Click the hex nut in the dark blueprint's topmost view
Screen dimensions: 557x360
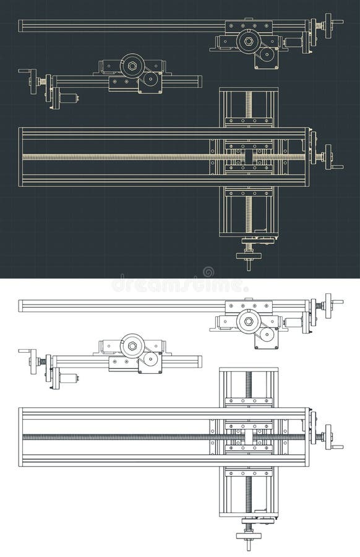pyautogui.click(x=249, y=41)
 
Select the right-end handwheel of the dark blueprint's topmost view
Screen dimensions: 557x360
pyautogui.click(x=328, y=25)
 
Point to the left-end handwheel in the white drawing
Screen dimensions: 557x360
pyautogui.click(x=33, y=361)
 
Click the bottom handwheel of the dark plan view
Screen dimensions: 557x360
pyautogui.click(x=249, y=256)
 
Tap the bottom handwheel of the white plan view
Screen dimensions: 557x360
pyautogui.click(x=249, y=535)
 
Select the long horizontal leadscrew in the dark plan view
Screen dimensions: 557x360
pyautogui.click(x=124, y=157)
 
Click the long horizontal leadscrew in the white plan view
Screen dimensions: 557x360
pyautogui.click(x=124, y=437)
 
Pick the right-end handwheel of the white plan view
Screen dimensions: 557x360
pyautogui.click(x=328, y=437)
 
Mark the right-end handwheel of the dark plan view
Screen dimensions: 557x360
pyautogui.click(x=328, y=157)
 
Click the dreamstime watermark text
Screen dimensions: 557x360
pyautogui.click(x=179, y=287)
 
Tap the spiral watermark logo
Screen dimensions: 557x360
pyautogui.click(x=208, y=272)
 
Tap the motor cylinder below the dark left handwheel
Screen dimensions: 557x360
pyautogui.click(x=68, y=98)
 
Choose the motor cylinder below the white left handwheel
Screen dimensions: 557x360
pyautogui.click(x=68, y=378)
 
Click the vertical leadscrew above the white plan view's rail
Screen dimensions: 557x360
pyautogui.click(x=249, y=387)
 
